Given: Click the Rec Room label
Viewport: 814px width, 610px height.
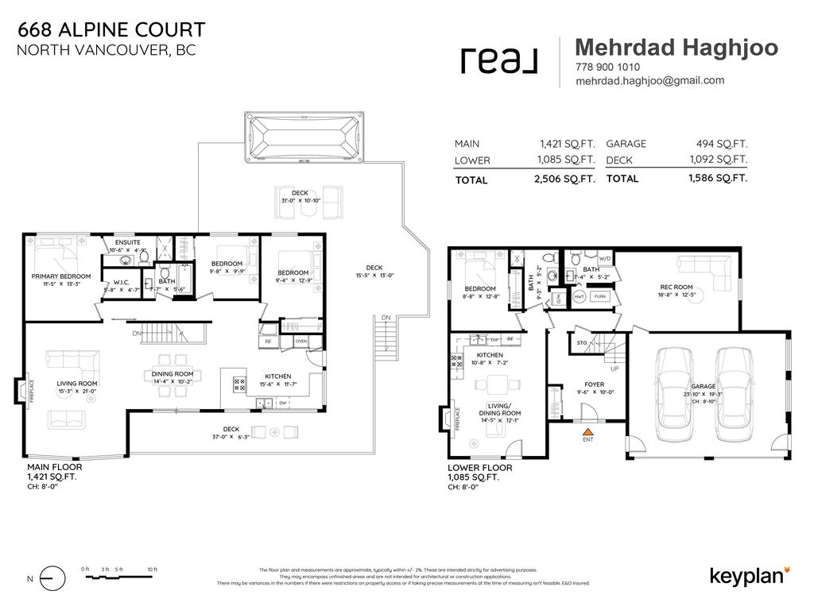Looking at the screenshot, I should (676, 287).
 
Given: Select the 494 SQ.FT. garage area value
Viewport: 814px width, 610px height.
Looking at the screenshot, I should (720, 144).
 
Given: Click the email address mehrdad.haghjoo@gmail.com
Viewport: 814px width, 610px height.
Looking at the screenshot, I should (649, 80).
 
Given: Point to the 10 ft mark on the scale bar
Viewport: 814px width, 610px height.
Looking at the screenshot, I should (153, 569).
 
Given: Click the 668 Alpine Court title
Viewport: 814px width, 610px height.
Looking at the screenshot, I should (111, 30).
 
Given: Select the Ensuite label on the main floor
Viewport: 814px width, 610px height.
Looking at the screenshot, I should (128, 241).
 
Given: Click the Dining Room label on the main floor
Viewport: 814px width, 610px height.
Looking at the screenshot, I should (172, 373).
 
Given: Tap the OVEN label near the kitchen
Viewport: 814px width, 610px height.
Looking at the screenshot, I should (300, 341).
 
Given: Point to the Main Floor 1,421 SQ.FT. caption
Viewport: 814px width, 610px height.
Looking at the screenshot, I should (55, 473).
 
